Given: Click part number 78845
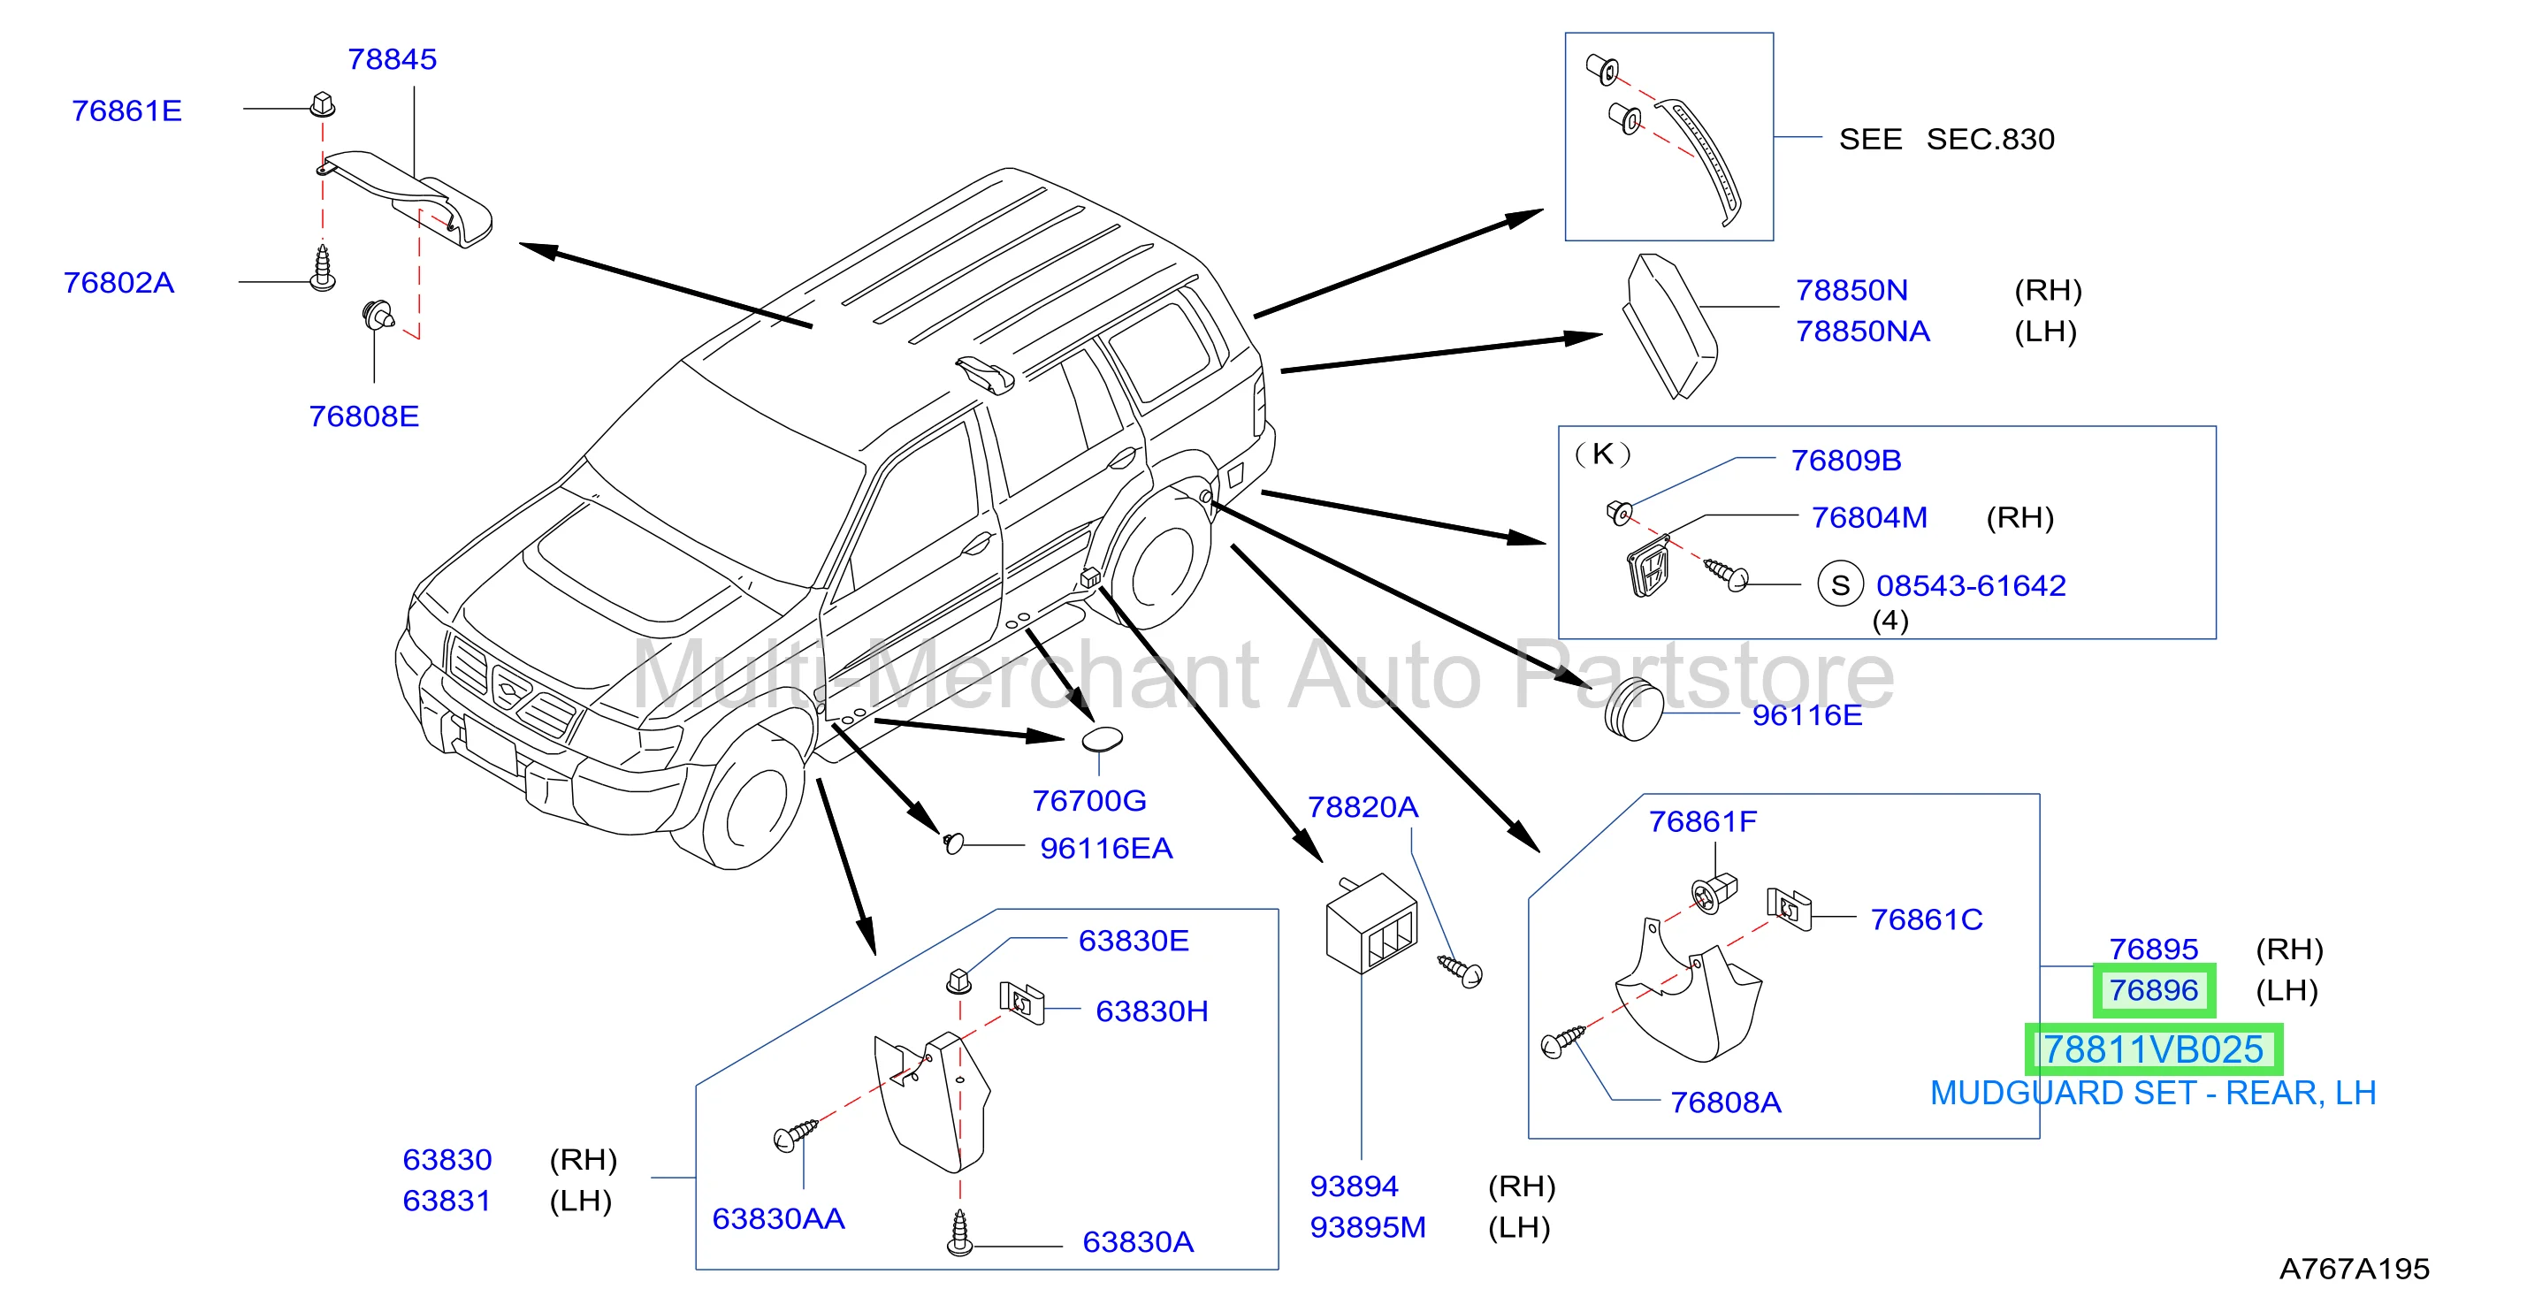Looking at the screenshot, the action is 393,59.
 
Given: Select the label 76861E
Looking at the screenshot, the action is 126,111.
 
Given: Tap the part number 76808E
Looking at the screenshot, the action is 364,416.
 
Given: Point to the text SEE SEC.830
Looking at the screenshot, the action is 1946,139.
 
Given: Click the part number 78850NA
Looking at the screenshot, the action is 1863,332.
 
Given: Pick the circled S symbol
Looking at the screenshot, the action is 1840,584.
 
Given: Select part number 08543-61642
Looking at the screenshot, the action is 1971,585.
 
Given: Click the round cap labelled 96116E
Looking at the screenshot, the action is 1633,708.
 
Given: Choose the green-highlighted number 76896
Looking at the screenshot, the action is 2153,990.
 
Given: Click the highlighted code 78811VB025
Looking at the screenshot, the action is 2153,1049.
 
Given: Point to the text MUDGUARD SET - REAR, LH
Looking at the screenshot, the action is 2152,1094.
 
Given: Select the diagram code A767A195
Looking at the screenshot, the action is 2355,1269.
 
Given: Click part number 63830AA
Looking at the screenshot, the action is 778,1218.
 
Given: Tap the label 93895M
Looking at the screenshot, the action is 1368,1228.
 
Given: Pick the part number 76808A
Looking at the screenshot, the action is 1726,1102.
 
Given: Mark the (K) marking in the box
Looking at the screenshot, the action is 1602,454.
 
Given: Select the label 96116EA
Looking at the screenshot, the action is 1106,848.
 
